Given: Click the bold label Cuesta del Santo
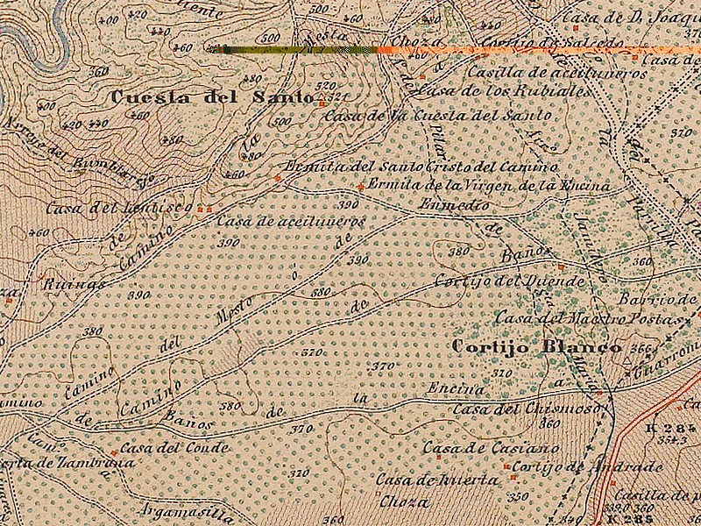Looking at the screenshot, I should point(212,97).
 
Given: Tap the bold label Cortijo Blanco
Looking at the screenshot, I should point(536,347).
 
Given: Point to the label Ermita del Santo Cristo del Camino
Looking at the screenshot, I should point(421,167).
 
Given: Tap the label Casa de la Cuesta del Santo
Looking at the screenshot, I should point(438,115).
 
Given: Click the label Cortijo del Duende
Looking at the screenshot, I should point(509,281).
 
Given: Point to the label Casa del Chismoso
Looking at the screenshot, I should point(527,409).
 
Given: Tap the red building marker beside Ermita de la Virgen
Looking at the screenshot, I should point(361,186).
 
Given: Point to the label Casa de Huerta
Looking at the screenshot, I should point(437,480).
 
